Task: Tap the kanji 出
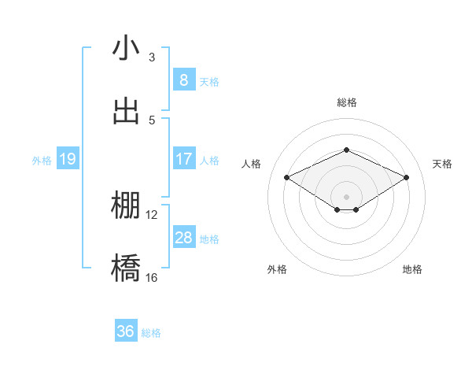(x=126, y=111)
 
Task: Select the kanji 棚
(x=126, y=206)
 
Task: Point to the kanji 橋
(x=126, y=268)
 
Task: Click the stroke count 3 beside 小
(x=152, y=57)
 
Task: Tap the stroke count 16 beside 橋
(x=152, y=277)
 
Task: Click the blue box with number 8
(x=183, y=80)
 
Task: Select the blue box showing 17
(x=183, y=159)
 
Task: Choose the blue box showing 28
(x=183, y=238)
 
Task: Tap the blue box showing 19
(x=67, y=160)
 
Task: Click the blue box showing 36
(x=125, y=331)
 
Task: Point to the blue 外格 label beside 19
(x=42, y=161)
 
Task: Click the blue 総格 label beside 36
(x=151, y=333)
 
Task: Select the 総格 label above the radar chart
(x=346, y=102)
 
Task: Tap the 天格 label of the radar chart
(x=443, y=164)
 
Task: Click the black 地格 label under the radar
(x=412, y=269)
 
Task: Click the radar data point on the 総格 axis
(x=346, y=150)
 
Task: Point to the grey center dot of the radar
(x=346, y=196)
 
